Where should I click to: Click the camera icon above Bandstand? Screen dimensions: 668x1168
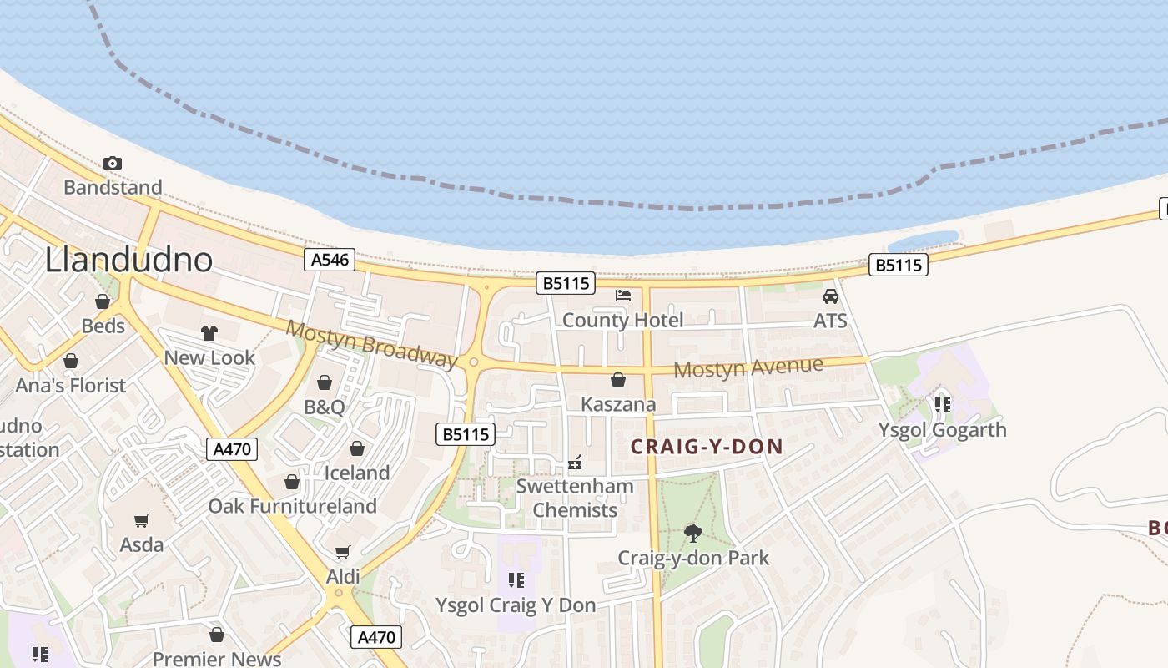(113, 163)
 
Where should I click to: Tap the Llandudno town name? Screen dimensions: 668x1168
(128, 260)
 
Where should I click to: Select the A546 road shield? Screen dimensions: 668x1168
(330, 260)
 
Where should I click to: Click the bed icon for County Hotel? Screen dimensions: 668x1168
(623, 296)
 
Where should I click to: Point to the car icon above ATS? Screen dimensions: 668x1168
(830, 296)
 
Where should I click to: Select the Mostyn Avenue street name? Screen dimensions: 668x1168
(748, 367)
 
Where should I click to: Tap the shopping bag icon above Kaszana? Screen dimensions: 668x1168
(618, 380)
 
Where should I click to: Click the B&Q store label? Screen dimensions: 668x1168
(325, 407)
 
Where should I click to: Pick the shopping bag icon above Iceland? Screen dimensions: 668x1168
(357, 448)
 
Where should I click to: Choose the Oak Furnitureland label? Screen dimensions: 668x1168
(292, 506)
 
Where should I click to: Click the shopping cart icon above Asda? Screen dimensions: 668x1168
(142, 520)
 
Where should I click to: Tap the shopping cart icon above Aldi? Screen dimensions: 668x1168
(342, 552)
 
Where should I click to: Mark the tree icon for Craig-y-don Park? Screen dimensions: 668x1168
(692, 533)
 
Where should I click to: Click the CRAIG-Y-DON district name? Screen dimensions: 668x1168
(707, 447)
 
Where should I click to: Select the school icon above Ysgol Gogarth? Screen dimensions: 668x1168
(943, 405)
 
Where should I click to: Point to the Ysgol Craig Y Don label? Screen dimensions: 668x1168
(516, 605)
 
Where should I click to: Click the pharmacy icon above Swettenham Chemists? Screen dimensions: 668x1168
(575, 462)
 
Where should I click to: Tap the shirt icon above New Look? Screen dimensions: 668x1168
(209, 333)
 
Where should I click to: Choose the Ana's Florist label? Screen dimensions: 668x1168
(71, 386)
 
